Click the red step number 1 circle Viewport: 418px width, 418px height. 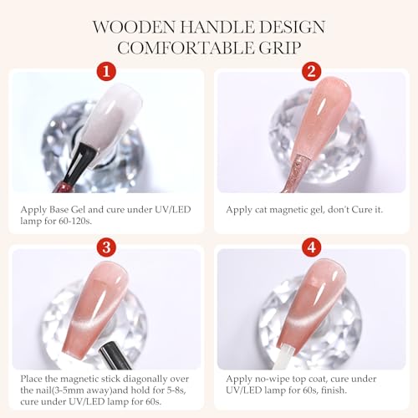(106, 71)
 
